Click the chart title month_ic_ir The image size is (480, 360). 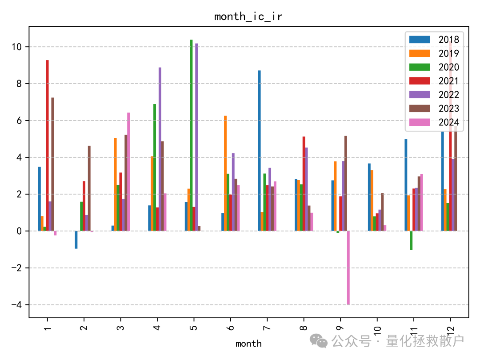tap(248, 17)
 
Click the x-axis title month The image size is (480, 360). tap(248, 344)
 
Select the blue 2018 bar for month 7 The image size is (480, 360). tap(259, 151)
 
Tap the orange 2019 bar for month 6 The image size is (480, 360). tap(225, 173)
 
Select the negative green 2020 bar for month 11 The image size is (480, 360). tap(411, 240)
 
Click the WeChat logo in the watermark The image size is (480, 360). tap(319, 340)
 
